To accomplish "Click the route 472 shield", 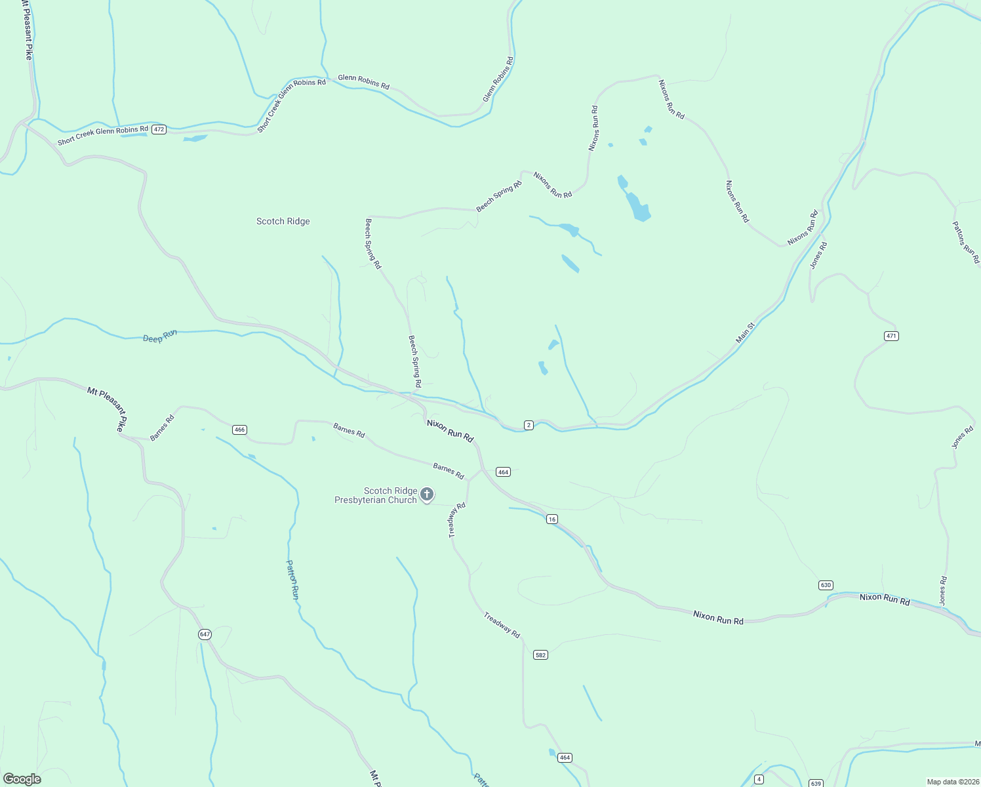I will pos(159,130).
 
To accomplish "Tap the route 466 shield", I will pos(239,430).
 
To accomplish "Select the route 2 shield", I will pos(529,425).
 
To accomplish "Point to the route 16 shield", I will pos(552,519).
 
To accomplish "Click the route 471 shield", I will pos(891,336).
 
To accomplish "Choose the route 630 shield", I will pos(826,585).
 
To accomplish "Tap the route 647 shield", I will pos(205,634).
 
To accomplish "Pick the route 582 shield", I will pos(540,655).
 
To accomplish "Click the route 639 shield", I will pos(816,783).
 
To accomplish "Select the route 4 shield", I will pos(759,779).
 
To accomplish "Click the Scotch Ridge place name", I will pos(283,222).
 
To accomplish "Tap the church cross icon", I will pos(427,494).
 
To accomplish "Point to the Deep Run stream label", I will pos(160,337).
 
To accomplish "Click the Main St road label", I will pos(746,333).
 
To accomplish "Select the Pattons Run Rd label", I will pos(966,242).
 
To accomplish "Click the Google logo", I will pos(22,779).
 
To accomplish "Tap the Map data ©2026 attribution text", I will pos(951,782).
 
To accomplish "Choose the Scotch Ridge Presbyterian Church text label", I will pos(376,495).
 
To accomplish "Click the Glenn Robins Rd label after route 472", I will pos(363,82).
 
